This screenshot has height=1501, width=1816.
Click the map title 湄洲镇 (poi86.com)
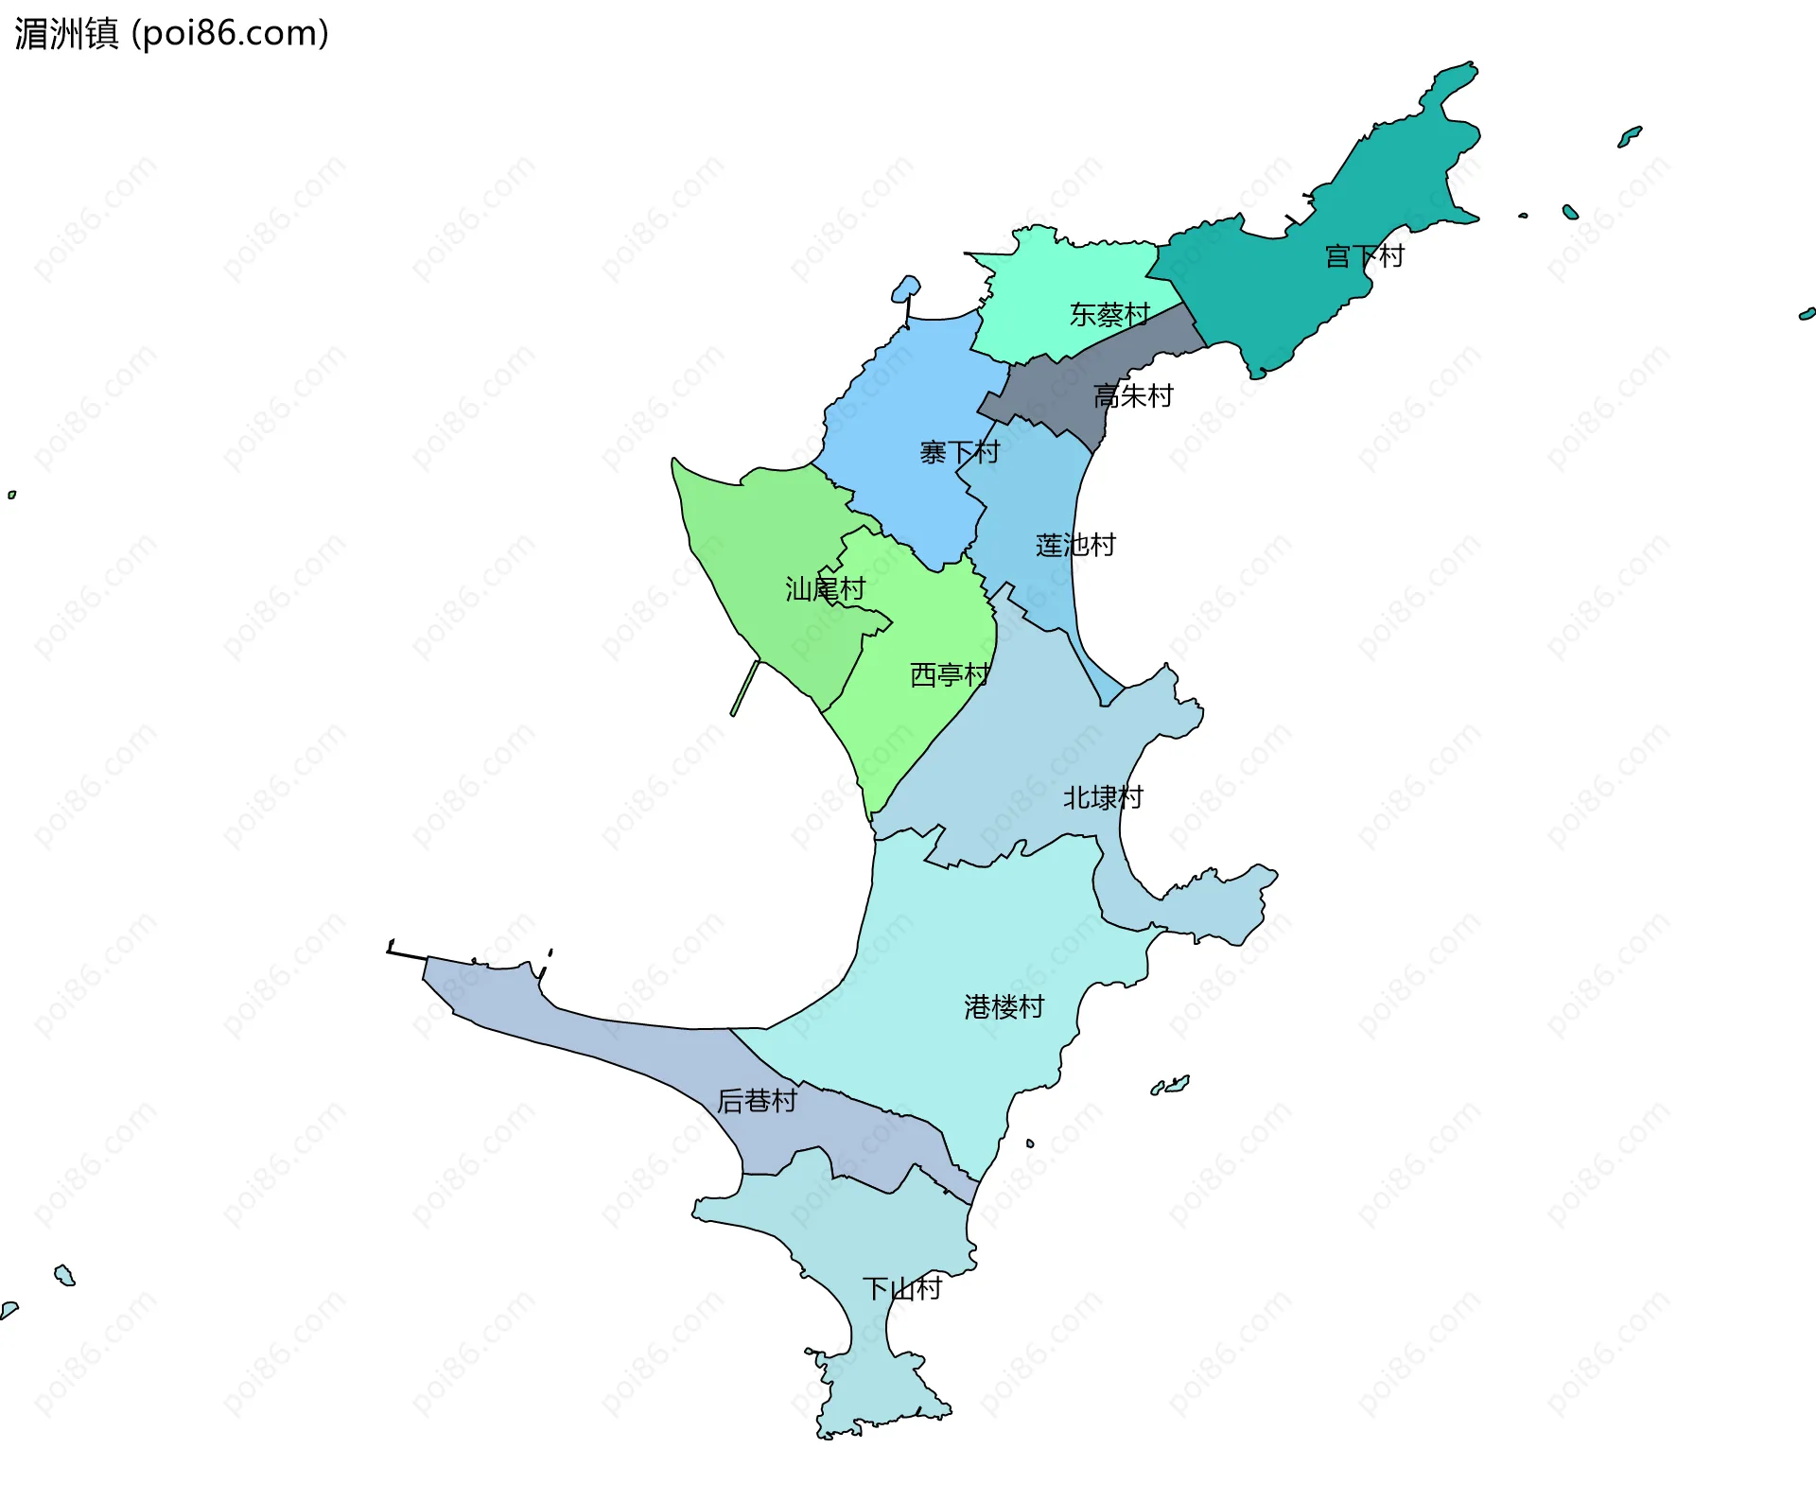point(171,33)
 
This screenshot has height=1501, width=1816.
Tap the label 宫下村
point(1364,256)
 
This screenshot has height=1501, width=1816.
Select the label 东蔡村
point(1109,314)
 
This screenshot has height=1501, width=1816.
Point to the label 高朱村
point(1132,395)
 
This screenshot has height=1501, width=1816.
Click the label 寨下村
point(959,452)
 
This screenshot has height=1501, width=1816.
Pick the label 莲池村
point(1074,545)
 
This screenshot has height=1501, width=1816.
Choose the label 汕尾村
point(825,589)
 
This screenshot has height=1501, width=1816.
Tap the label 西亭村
point(950,674)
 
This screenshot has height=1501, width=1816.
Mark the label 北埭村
point(1103,797)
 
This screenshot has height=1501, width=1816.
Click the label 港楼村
point(1004,1006)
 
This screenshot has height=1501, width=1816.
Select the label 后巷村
point(757,1101)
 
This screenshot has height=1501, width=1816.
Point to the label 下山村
point(901,1288)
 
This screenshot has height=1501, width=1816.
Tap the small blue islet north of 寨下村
point(905,288)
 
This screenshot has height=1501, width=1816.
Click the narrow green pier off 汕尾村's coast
point(745,688)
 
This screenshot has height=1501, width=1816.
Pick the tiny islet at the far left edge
point(11,495)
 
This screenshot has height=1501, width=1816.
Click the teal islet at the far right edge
point(1807,314)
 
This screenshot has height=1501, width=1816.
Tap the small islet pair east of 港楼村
point(1171,1085)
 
